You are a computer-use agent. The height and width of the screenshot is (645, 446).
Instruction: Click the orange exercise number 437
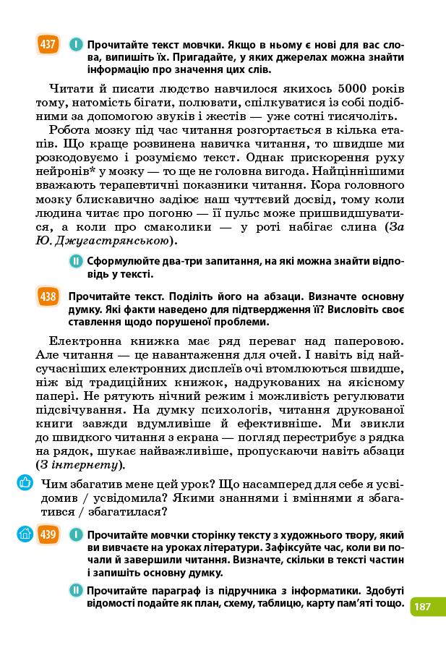tap(48, 44)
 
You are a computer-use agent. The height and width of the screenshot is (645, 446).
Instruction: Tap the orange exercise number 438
tap(48, 296)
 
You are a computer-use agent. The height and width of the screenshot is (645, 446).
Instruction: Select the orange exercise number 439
tap(48, 534)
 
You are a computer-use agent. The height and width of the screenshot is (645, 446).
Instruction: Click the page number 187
tap(423, 606)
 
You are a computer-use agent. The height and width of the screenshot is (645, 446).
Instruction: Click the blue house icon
tap(25, 534)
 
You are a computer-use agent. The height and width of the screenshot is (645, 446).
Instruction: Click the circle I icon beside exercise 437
tap(75, 45)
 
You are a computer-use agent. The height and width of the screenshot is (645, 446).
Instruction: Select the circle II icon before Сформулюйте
tap(75, 261)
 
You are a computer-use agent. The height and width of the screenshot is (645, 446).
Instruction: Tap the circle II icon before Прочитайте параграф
tap(77, 591)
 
